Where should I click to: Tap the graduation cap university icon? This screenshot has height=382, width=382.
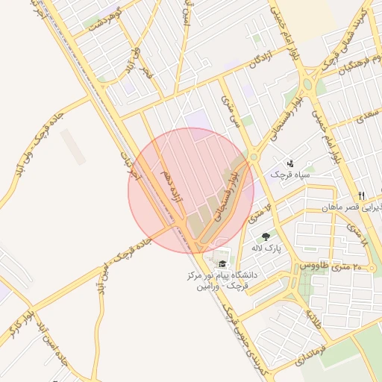[x=222, y=263]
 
